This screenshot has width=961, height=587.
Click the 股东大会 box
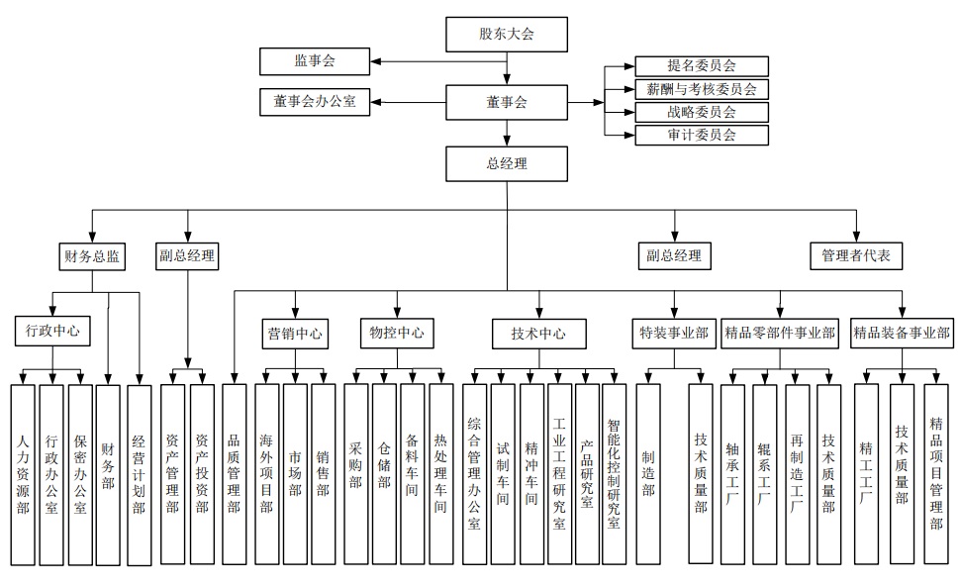tap(507, 35)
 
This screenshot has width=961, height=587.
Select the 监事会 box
tap(316, 61)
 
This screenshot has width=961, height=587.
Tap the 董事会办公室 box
tap(316, 101)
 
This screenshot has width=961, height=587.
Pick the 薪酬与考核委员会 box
tap(701, 89)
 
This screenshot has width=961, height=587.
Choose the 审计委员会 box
tap(701, 135)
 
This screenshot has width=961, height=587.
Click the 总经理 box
tap(507, 163)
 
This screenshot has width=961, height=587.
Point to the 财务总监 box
tap(93, 255)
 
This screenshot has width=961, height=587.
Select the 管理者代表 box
tap(856, 255)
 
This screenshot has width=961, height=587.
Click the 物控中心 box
tap(396, 333)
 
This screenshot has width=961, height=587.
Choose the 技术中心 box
tap(539, 334)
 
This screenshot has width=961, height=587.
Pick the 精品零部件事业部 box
tap(780, 334)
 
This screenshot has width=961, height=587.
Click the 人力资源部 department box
tap(24, 473)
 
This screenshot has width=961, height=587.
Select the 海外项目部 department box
tap(267, 473)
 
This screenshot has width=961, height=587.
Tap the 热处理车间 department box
tap(440, 473)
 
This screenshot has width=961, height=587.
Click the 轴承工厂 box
tap(732, 473)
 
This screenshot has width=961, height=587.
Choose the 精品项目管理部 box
tap(935, 473)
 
